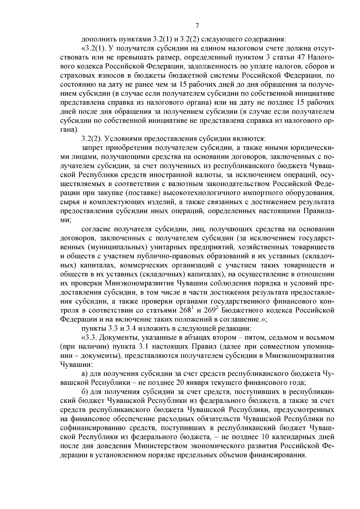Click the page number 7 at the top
197,25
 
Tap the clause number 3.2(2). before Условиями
92,139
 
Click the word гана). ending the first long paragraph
70,130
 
